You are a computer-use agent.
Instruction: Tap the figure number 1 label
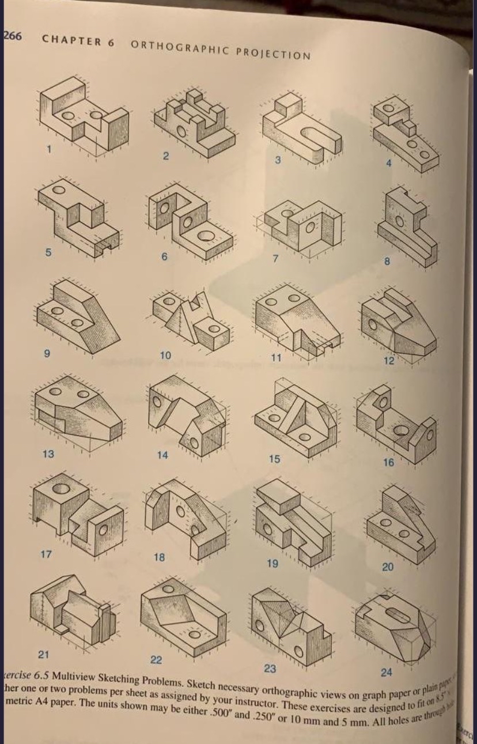[x=50, y=150]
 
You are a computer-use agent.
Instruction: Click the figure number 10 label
[x=165, y=353]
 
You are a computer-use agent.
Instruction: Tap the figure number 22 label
[x=156, y=659]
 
